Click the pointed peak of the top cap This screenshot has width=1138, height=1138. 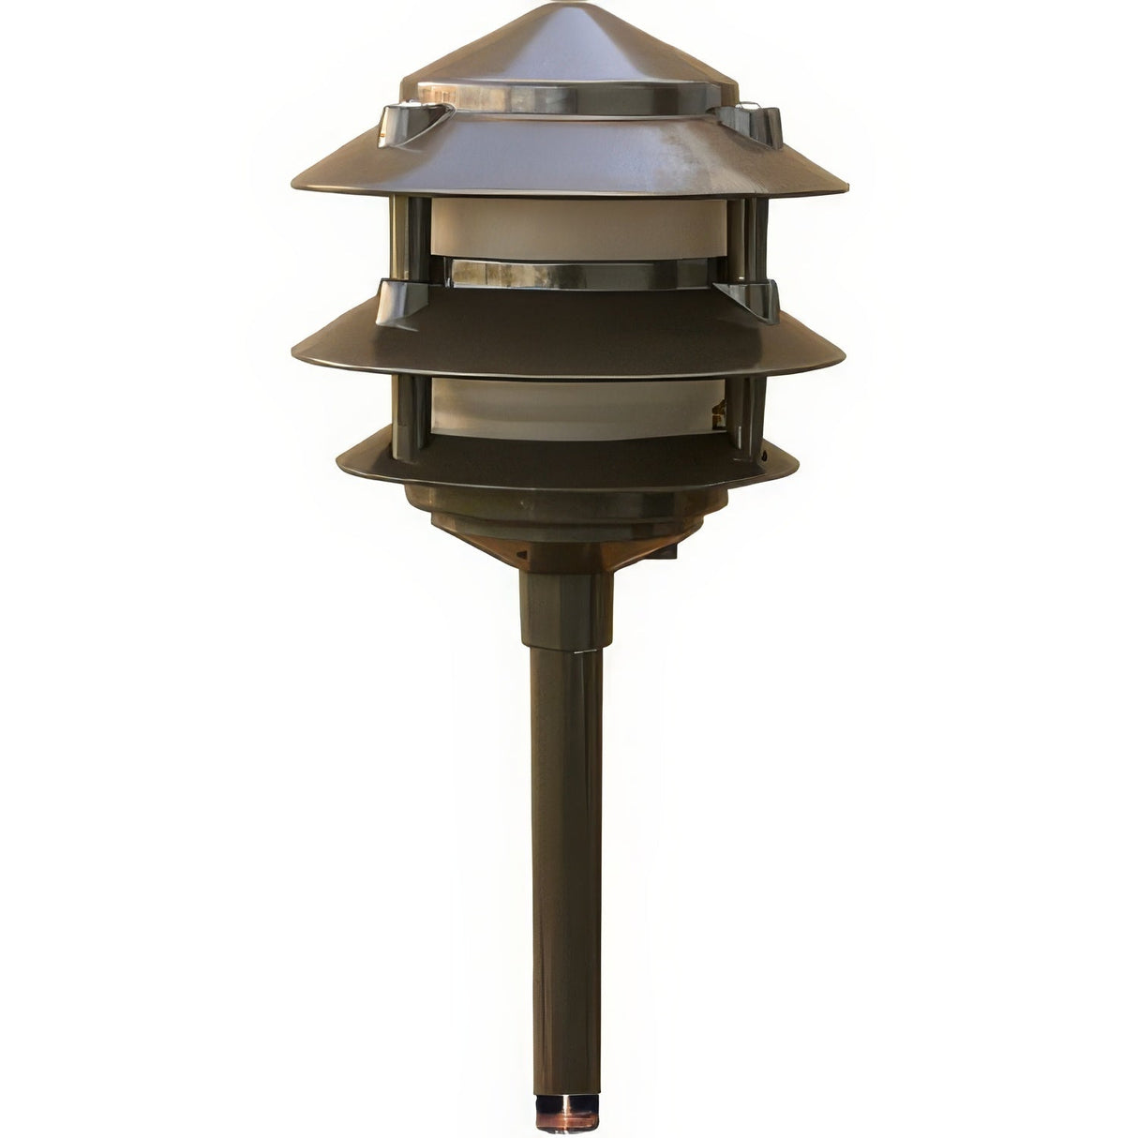tap(569, 7)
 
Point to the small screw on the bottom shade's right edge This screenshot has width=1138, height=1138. tap(766, 457)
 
